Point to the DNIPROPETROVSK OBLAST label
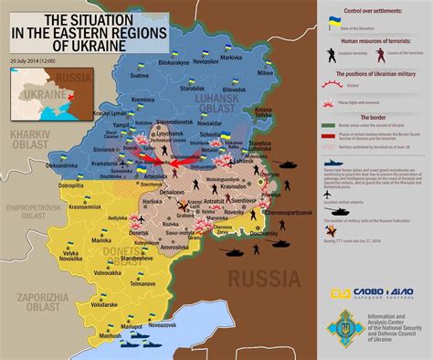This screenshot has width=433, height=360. tap(30, 213)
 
